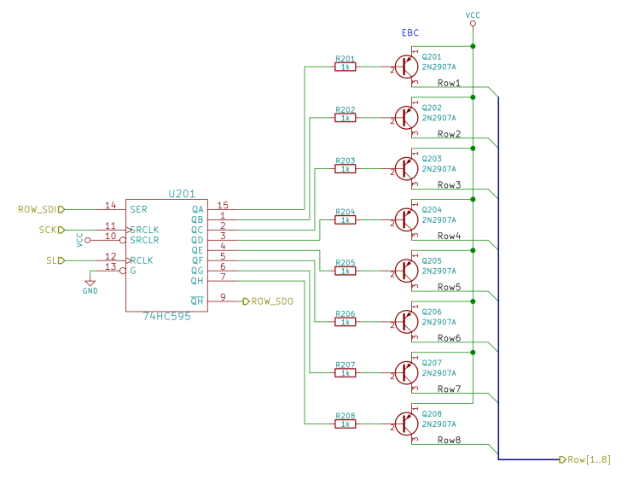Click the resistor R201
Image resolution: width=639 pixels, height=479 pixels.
tap(346, 67)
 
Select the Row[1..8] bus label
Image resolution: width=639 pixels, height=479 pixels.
tap(588, 459)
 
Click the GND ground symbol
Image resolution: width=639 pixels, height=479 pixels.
tap(90, 285)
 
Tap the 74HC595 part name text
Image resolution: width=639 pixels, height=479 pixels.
tap(166, 316)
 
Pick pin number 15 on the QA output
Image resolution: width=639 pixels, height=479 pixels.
tap(223, 205)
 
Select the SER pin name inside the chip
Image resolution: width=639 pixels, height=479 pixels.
tap(139, 209)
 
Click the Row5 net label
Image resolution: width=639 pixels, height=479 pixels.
tap(449, 287)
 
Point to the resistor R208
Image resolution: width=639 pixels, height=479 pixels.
tap(346, 424)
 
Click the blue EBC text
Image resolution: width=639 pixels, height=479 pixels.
tap(411, 32)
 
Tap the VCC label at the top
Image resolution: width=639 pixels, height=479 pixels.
tap(473, 15)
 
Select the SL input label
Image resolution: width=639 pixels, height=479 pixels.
tap(52, 260)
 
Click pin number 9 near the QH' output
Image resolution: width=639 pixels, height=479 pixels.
tap(223, 297)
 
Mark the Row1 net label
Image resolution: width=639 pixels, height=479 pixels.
tap(449, 83)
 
